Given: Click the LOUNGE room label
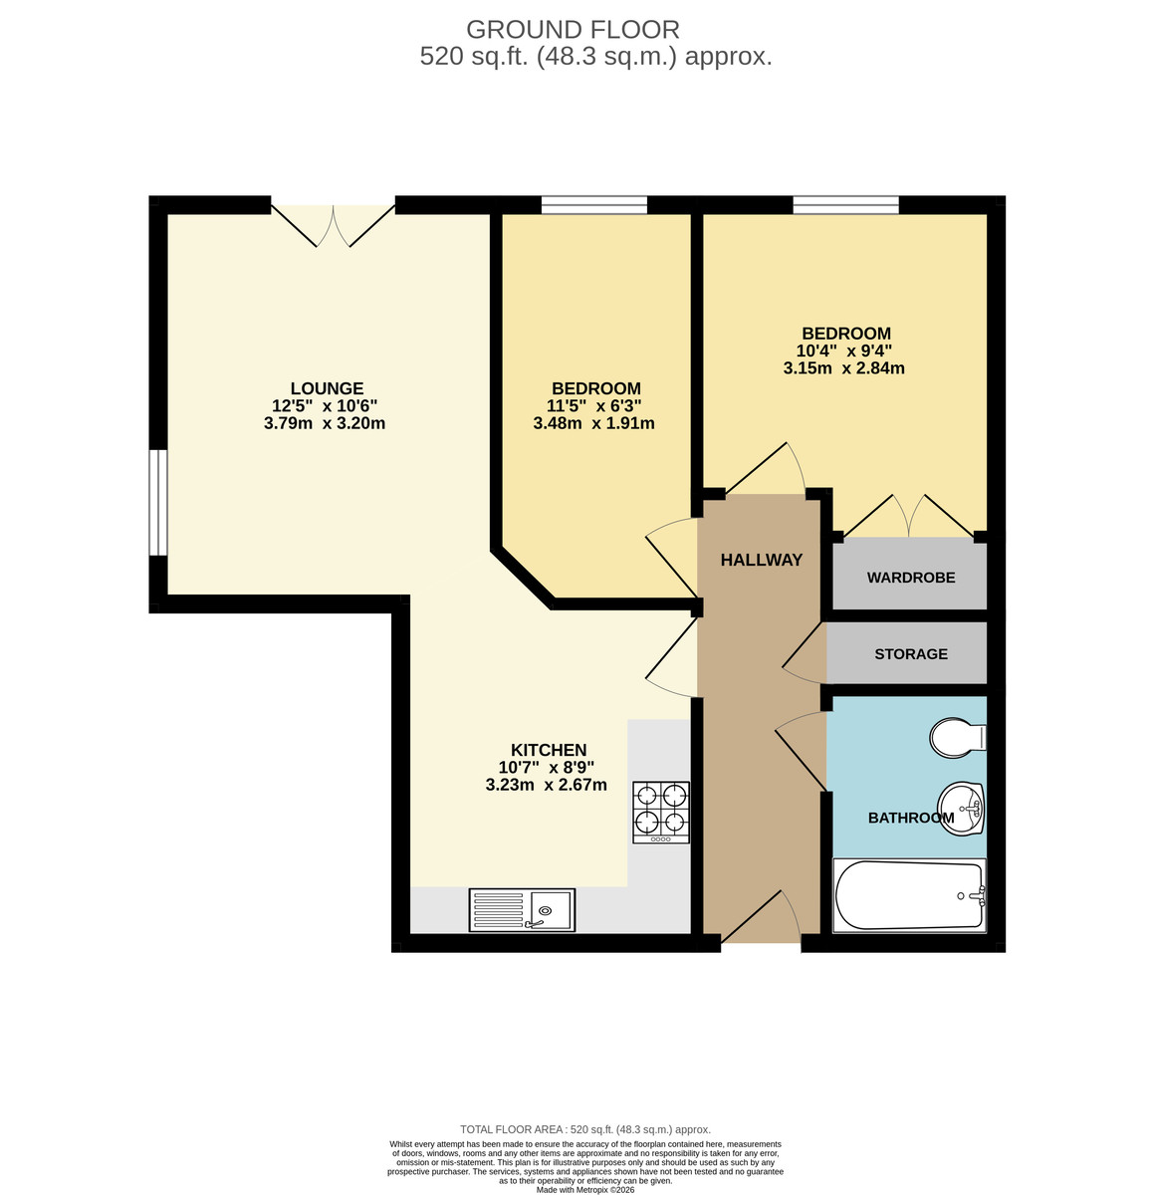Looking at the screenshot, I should (x=327, y=388).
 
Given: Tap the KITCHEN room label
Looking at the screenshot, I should (x=549, y=750).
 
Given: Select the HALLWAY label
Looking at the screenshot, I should (x=762, y=560).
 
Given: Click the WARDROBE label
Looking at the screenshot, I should (x=911, y=578).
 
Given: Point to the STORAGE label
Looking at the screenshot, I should (x=911, y=654).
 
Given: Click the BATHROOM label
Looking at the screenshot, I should (x=911, y=818).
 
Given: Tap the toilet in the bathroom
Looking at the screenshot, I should (x=957, y=738).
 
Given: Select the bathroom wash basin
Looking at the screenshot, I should (x=962, y=807).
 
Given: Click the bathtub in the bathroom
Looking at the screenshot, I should (x=909, y=895).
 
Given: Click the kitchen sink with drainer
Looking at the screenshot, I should (x=522, y=910).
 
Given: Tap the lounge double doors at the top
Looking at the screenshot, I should (x=334, y=224).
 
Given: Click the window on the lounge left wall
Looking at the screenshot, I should (x=158, y=502).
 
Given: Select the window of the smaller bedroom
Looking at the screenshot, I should (x=593, y=205).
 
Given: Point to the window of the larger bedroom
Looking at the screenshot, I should (x=845, y=205).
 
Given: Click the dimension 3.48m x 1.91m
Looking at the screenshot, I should (x=593, y=423).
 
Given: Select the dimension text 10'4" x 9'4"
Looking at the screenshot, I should (x=844, y=351).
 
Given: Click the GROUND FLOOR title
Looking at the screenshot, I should (x=573, y=30).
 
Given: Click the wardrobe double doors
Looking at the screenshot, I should (x=908, y=515).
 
